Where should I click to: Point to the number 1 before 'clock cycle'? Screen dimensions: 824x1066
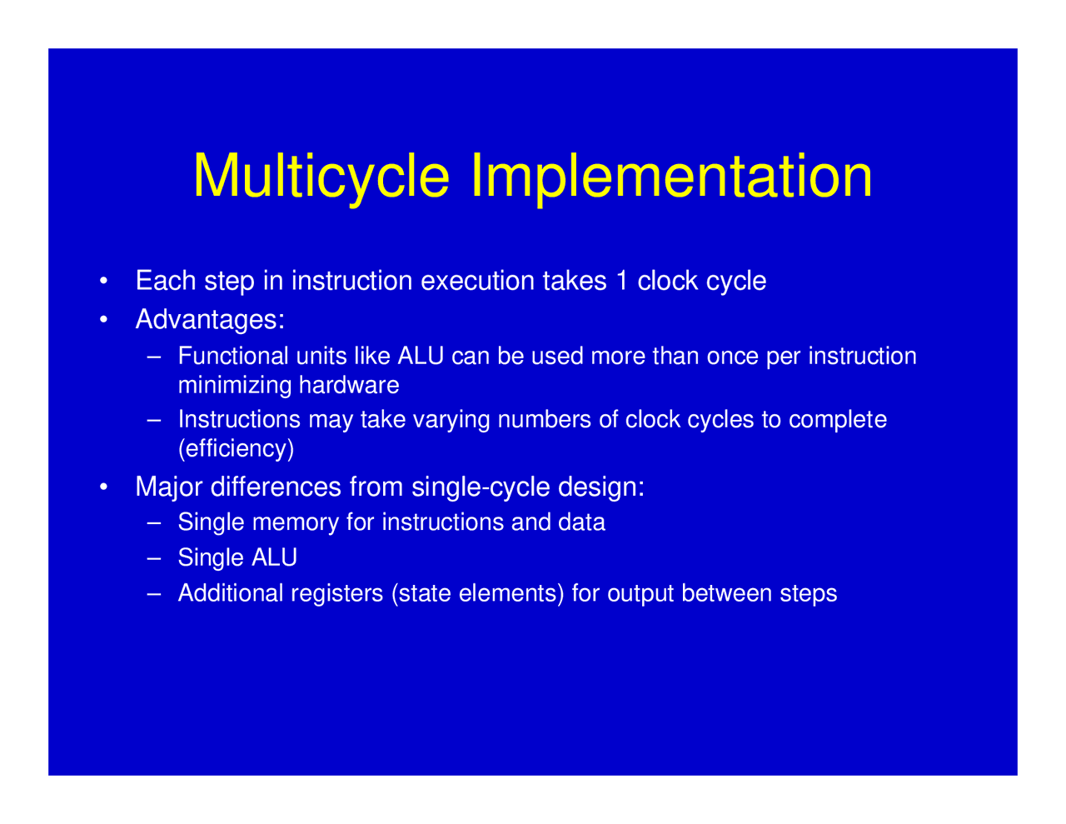pos(620,281)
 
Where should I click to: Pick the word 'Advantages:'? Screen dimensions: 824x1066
pos(210,319)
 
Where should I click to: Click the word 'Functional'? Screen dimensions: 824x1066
pos(233,357)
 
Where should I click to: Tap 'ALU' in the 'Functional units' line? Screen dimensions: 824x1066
pos(421,357)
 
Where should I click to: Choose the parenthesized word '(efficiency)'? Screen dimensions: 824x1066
pos(236,448)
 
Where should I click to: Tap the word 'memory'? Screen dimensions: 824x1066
pos(295,522)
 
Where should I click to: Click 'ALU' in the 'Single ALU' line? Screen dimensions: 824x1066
pos(274,557)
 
